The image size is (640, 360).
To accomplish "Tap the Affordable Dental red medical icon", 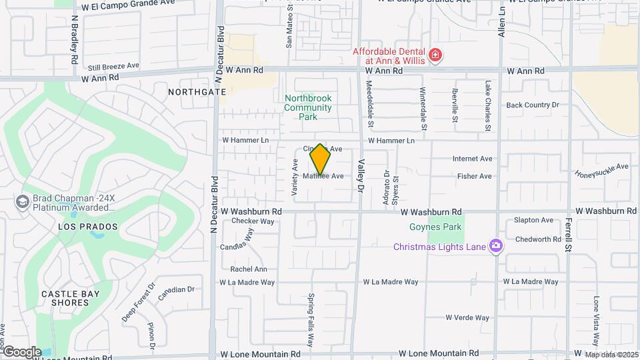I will (435, 55).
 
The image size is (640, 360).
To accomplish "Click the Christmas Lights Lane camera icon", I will (495, 247).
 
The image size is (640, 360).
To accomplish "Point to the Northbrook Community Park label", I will (307, 107).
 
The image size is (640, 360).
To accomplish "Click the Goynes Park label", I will (445, 227).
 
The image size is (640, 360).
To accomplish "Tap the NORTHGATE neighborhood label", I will (193, 91).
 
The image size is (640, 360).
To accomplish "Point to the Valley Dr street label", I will (361, 177).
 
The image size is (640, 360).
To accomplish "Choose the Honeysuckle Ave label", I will (601, 170).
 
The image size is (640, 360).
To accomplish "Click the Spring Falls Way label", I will (310, 321).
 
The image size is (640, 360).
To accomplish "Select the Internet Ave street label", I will (472, 159).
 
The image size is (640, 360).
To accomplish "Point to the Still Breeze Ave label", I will (113, 66).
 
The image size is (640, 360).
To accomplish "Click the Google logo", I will (22, 351).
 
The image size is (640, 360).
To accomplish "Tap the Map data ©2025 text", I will (611, 355).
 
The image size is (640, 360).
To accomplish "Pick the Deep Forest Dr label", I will (138, 302).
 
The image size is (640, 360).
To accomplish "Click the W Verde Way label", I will (467, 318).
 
